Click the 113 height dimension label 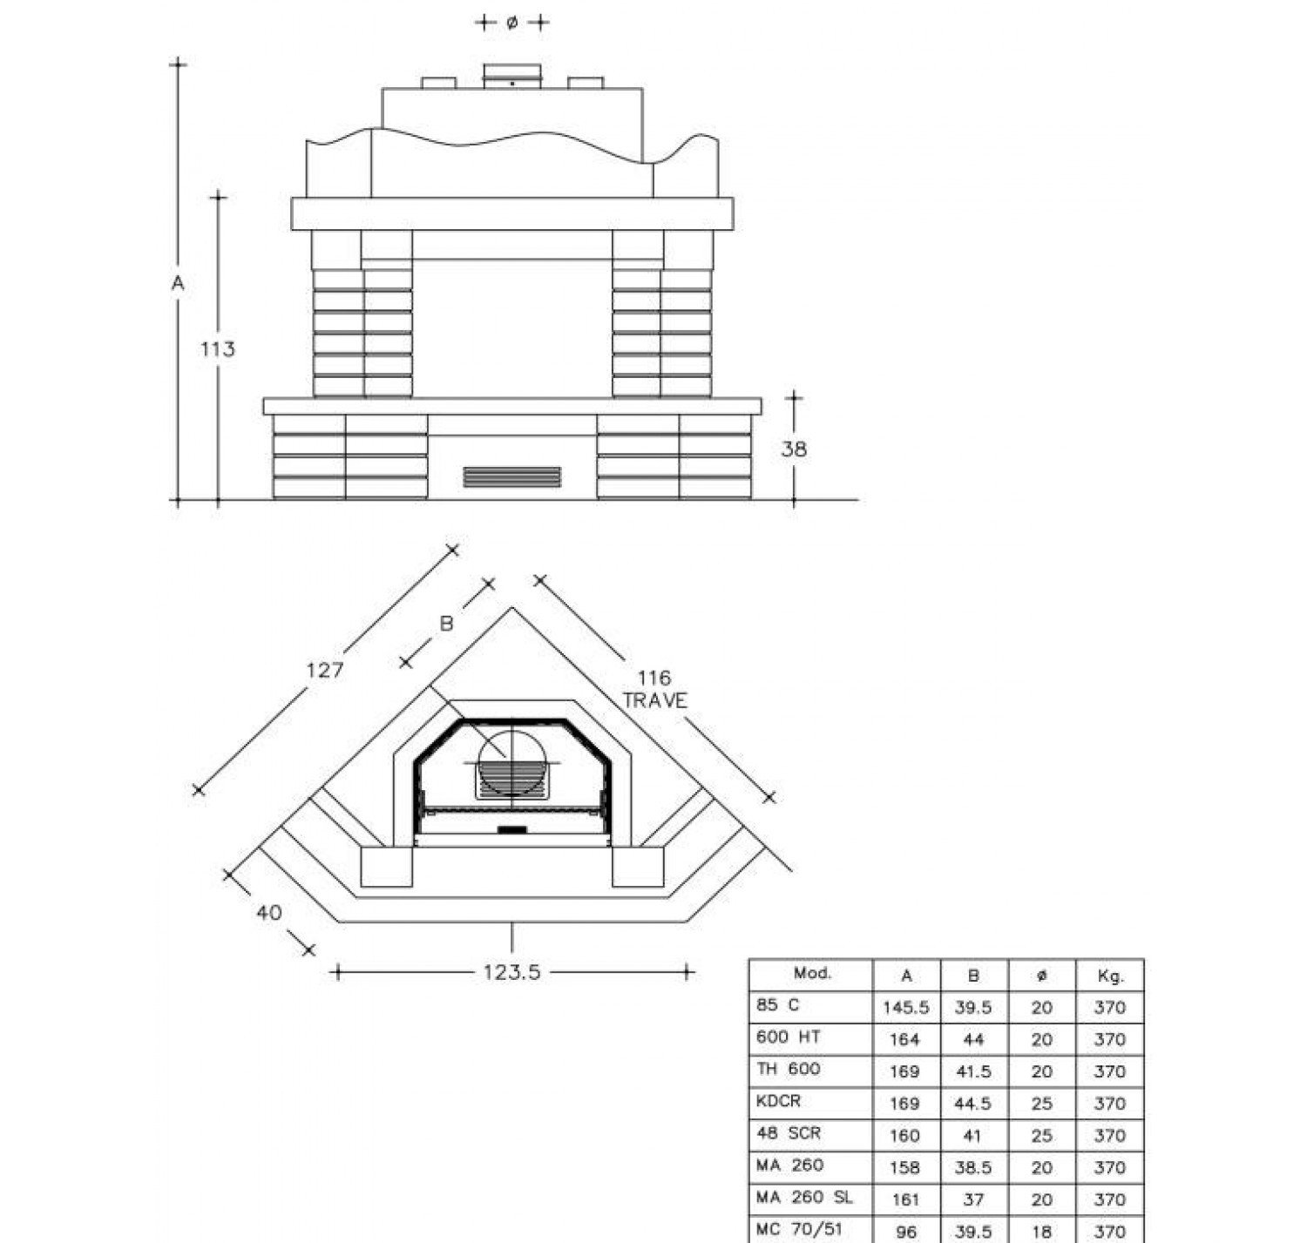click(x=217, y=349)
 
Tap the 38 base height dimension click(x=793, y=449)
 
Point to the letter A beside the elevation click(x=178, y=283)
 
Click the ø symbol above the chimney click(x=511, y=23)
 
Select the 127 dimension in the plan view click(x=324, y=670)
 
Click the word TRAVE click(x=654, y=700)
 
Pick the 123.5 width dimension click(x=511, y=972)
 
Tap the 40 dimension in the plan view click(x=269, y=913)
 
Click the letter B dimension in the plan click(x=447, y=624)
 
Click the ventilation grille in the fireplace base click(x=511, y=476)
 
